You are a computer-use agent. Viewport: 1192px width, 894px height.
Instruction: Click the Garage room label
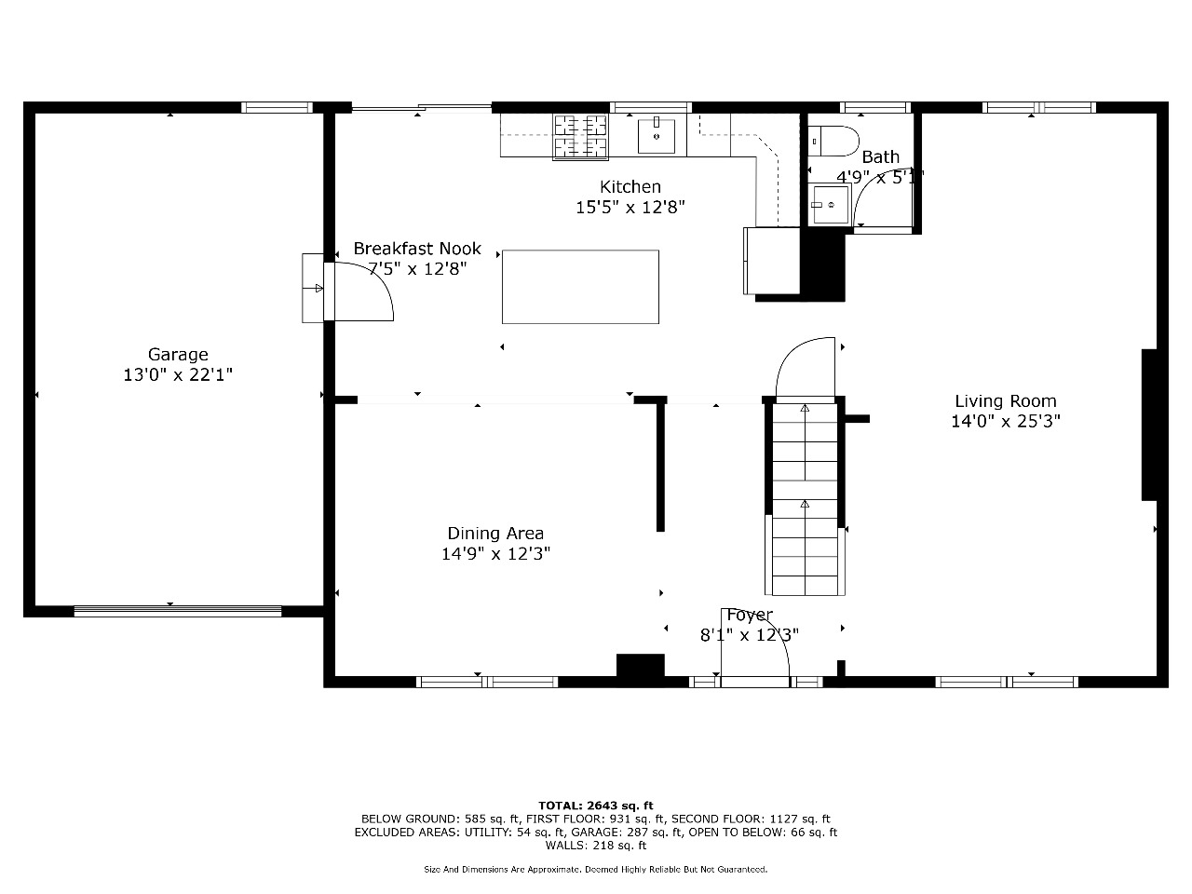coord(178,355)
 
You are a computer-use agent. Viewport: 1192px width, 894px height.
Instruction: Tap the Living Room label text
coord(1006,401)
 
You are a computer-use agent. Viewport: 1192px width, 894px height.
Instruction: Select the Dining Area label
coord(495,534)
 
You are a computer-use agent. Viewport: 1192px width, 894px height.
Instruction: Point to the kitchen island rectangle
coord(580,287)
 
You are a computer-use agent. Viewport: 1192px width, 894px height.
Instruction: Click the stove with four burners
coord(580,137)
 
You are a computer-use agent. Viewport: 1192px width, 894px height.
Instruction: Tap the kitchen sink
coord(656,136)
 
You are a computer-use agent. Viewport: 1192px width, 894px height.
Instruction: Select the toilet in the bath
coord(833,142)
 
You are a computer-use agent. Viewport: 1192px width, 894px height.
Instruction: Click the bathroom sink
coord(829,205)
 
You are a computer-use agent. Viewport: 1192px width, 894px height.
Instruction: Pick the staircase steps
coord(805,499)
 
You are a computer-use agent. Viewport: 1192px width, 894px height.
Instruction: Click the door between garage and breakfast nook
coord(359,292)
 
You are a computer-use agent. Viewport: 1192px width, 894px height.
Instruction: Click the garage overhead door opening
coord(178,611)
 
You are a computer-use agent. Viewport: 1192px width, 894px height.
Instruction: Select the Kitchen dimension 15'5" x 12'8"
coord(630,208)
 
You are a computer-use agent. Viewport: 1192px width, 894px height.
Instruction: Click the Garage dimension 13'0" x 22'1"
coord(178,375)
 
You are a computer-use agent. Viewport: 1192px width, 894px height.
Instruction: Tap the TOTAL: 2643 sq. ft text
coord(596,806)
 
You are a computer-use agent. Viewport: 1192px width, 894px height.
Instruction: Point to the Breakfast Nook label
coord(417,249)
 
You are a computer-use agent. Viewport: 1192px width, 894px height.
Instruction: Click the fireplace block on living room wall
coord(1149,425)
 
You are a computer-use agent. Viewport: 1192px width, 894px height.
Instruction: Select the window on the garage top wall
coord(277,107)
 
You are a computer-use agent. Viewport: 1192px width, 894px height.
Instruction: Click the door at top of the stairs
coord(805,369)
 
